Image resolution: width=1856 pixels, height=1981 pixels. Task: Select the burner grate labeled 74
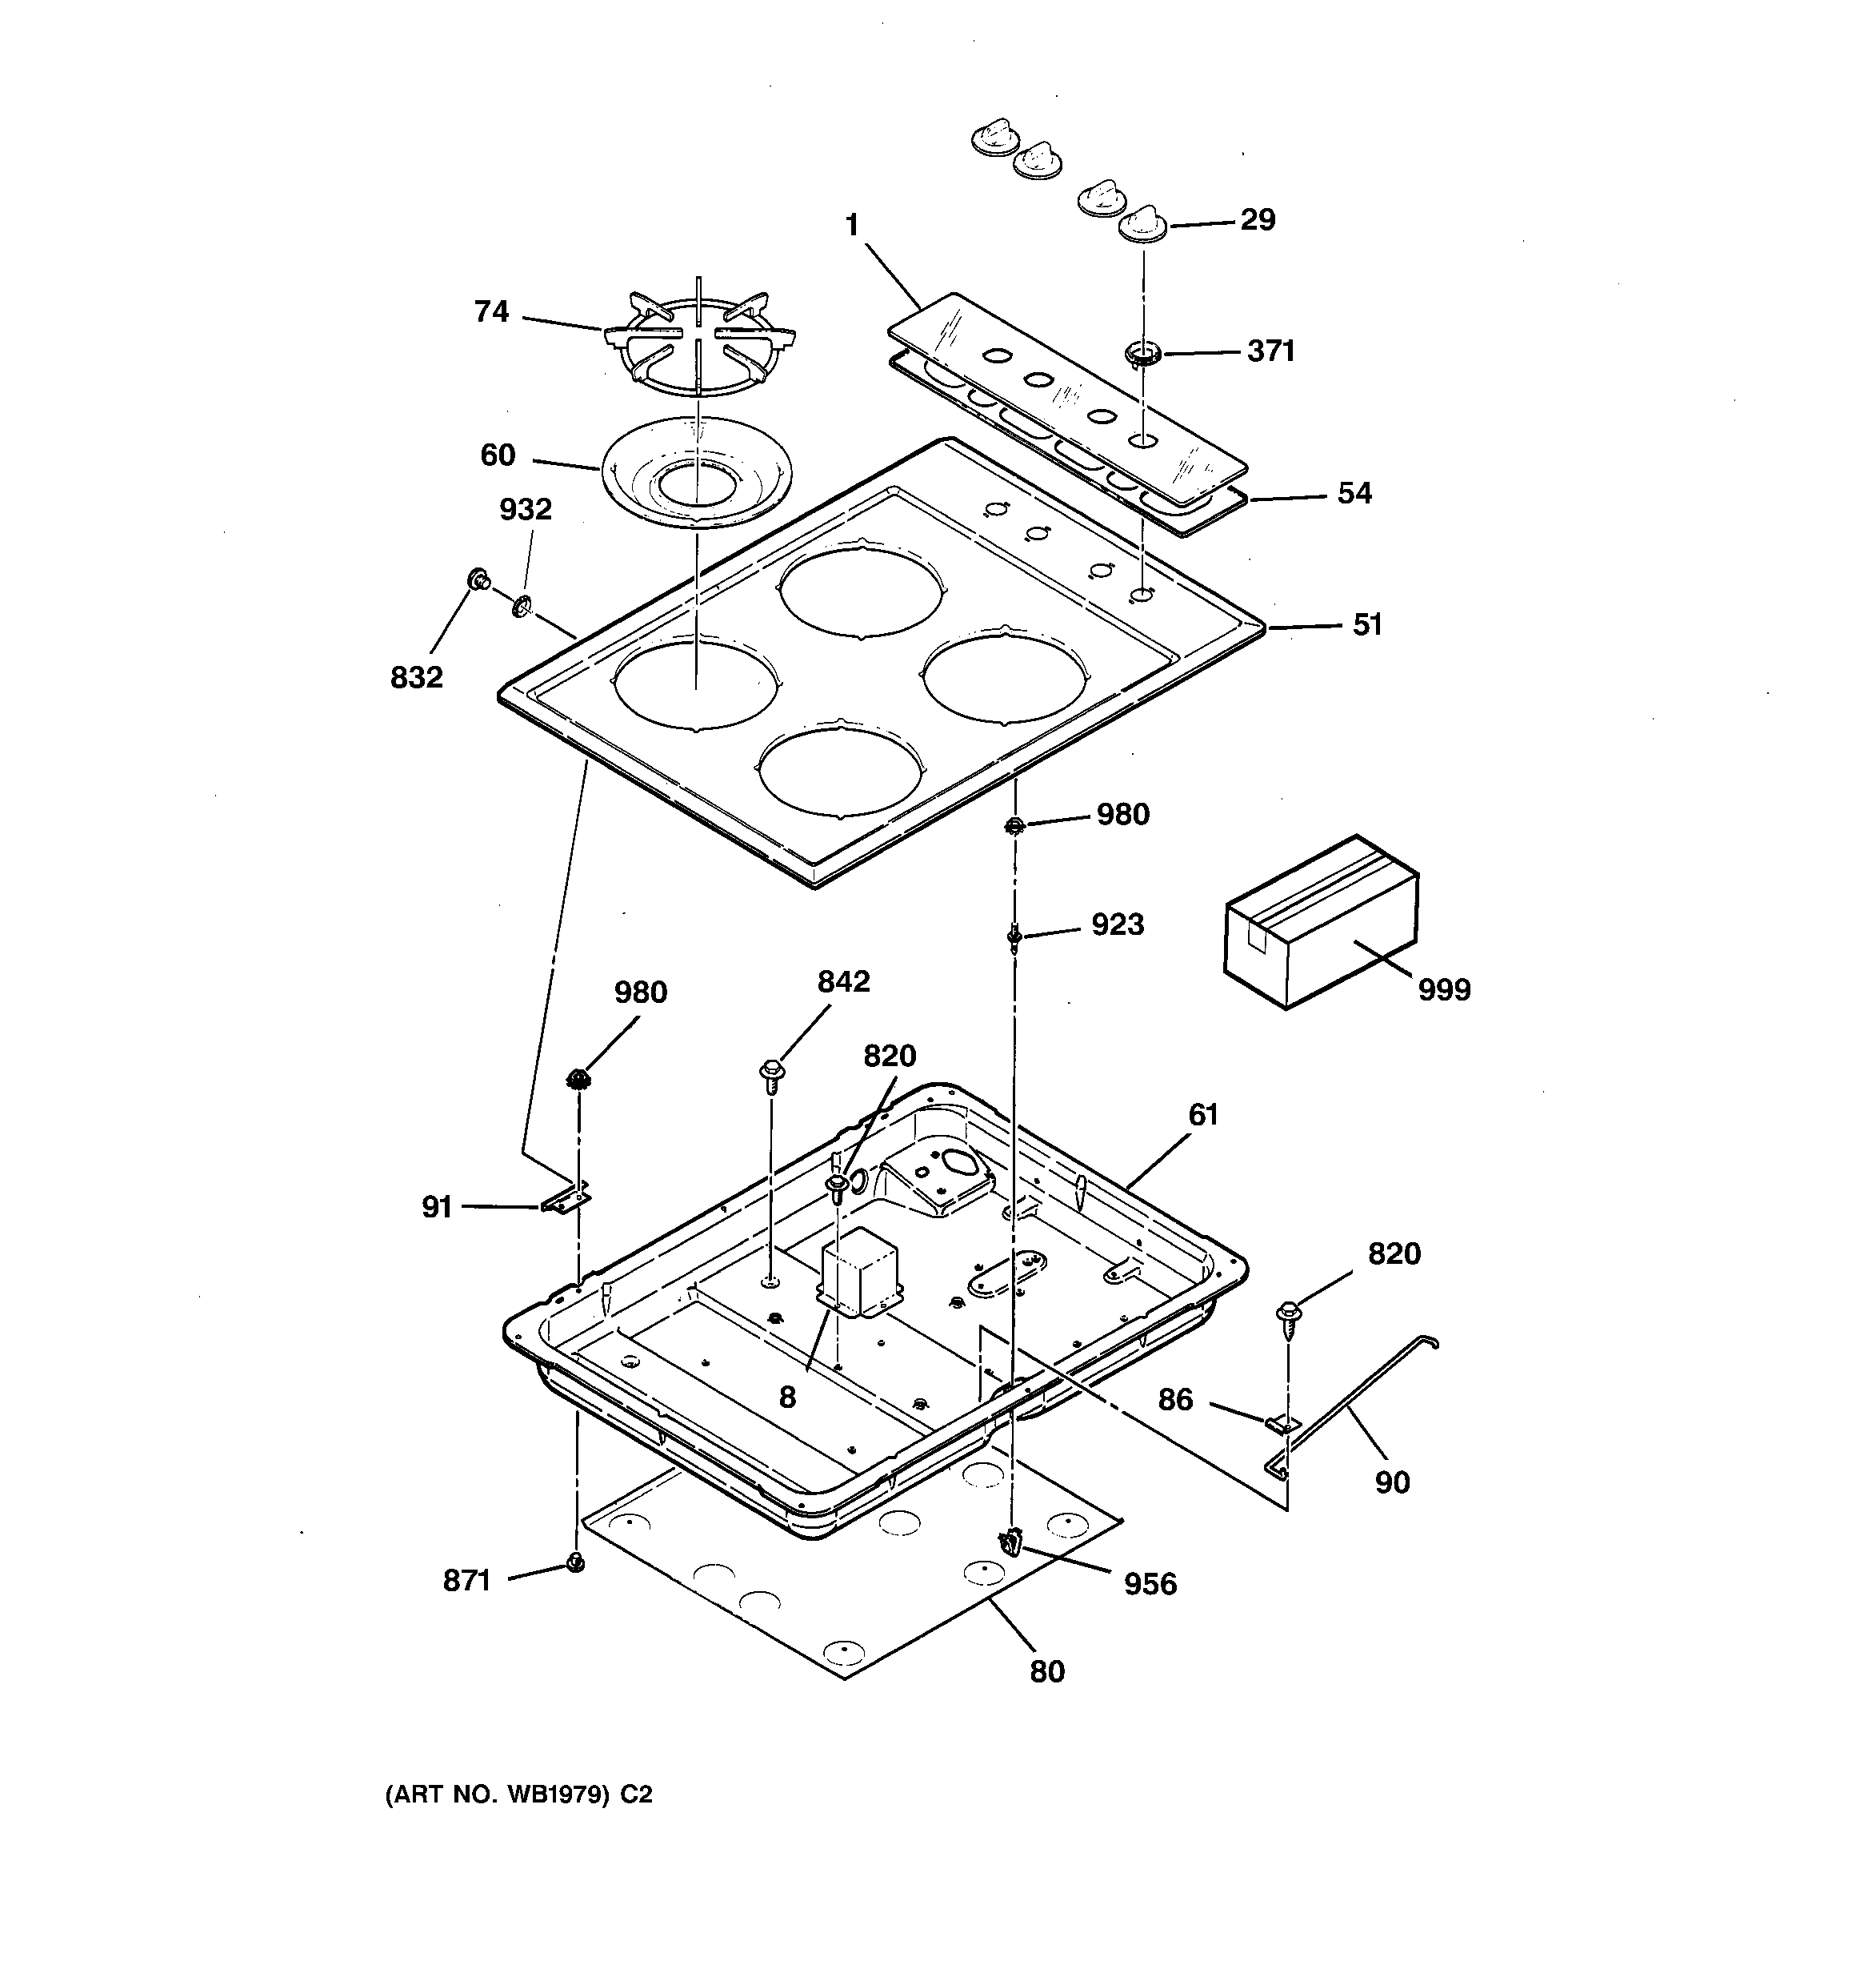698,342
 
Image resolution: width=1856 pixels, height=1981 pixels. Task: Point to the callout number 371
1270,351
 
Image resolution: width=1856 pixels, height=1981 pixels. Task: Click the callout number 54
1354,493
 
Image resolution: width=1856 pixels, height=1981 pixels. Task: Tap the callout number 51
1367,625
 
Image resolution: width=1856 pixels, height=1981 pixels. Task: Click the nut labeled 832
478,579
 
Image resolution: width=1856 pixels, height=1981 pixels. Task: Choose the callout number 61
1202,1114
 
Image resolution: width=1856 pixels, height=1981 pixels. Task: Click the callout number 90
1392,1483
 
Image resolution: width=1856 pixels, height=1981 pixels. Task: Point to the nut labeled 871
575,1562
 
